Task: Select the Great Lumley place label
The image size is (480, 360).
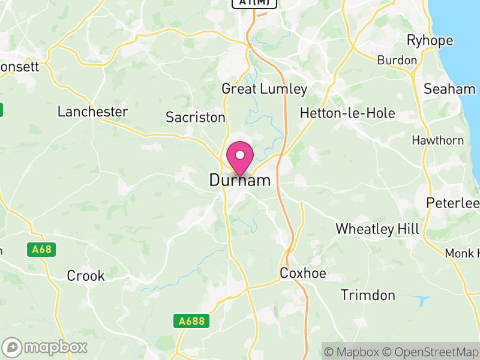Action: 264,89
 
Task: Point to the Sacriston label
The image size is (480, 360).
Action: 196,117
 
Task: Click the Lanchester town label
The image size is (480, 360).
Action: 92,112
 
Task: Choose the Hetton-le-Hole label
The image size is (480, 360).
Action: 347,113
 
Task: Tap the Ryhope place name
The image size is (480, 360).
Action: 430,41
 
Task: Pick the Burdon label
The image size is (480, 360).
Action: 397,60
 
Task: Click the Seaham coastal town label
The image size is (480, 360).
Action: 449,89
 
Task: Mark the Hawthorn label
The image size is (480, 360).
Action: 437,140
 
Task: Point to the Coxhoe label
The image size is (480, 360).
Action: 303,274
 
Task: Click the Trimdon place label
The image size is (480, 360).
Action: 368,295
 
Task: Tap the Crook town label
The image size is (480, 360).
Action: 86,276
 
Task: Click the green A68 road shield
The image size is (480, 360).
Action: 41,249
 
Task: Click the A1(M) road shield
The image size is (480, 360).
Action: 255,3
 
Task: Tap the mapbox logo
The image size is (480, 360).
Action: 46,347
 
